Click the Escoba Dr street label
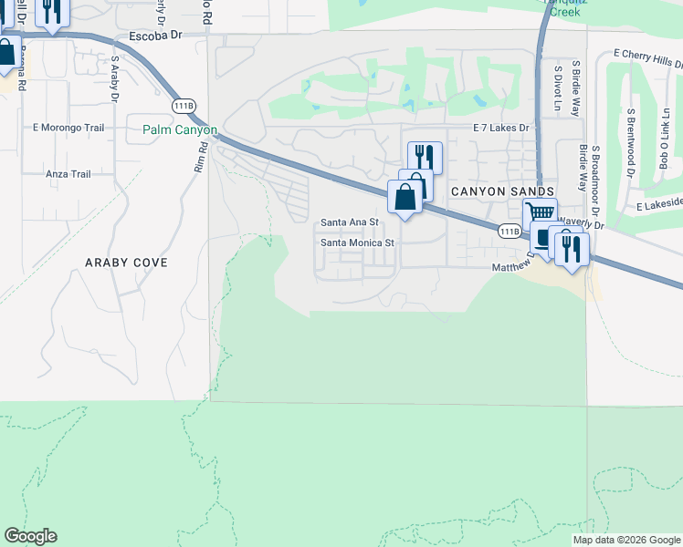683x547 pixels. (157, 36)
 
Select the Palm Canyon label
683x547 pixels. (179, 130)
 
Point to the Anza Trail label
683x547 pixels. (68, 173)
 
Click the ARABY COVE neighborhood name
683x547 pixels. (126, 263)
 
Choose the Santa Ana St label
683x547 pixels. (348, 223)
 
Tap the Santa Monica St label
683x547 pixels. (356, 243)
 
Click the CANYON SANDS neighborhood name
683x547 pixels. (502, 191)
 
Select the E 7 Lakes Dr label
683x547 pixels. (500, 129)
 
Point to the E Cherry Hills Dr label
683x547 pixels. (648, 58)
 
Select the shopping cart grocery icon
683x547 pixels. (540, 212)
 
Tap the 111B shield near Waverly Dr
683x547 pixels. (510, 232)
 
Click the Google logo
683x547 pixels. (30, 536)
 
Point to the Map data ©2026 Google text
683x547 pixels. (625, 540)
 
